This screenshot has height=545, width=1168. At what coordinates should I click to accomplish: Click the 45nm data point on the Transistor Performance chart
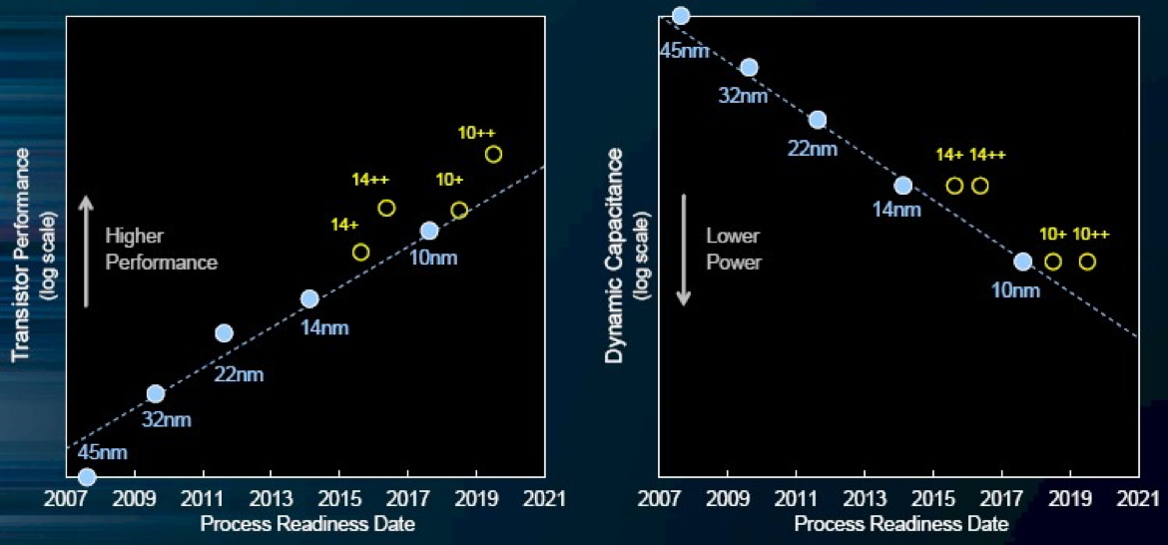[x=87, y=477]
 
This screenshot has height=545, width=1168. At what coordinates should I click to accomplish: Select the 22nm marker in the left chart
[x=224, y=332]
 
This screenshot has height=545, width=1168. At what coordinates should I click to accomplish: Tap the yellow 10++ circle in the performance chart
[x=493, y=154]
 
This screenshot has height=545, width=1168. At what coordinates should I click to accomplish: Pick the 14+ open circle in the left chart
[x=361, y=252]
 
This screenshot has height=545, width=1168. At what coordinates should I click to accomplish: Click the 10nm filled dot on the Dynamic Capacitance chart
[x=1022, y=262]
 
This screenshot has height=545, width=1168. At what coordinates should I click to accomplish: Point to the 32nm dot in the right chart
[x=749, y=67]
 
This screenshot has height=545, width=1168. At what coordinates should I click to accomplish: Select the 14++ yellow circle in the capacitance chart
[x=980, y=186]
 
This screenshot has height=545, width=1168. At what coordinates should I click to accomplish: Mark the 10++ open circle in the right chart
[x=1087, y=262]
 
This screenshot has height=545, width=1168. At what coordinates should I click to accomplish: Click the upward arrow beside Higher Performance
[x=87, y=250]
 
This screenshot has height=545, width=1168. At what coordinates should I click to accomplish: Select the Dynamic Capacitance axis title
[x=615, y=255]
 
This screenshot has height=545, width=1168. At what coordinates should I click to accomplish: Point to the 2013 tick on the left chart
[x=271, y=498]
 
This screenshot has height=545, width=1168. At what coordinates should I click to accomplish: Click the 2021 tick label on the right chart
[x=1141, y=498]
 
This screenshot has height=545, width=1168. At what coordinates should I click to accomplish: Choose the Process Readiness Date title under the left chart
[x=306, y=523]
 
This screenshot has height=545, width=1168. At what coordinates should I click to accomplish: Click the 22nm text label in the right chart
[x=813, y=149]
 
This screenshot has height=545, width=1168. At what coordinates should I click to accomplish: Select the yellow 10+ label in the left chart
[x=449, y=180]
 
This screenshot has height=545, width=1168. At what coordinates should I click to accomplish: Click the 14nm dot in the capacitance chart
[x=902, y=185]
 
